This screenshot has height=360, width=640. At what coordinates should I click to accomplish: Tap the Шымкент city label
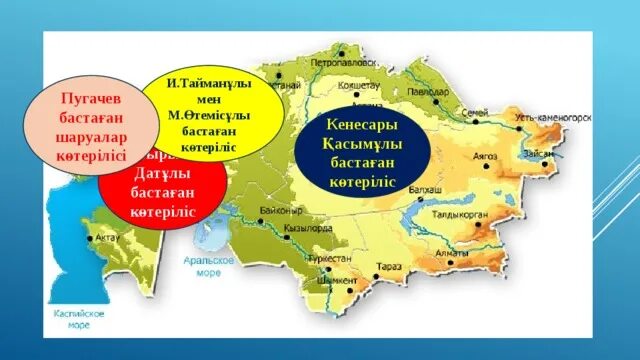(x=329, y=281)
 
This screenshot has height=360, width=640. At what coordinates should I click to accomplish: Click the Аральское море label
(x=215, y=266)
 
